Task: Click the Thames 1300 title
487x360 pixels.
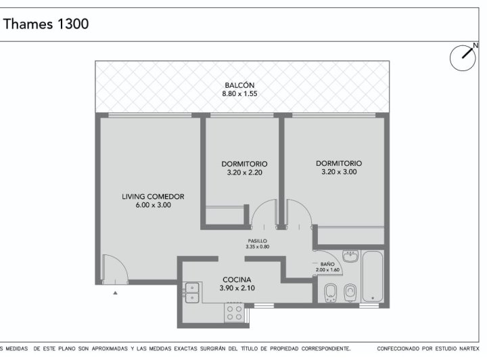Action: (46, 24)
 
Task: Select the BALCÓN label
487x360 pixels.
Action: (239, 85)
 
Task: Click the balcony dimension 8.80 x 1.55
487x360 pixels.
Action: (239, 94)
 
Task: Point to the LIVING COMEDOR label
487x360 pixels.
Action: (153, 196)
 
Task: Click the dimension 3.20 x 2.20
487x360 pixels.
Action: (244, 173)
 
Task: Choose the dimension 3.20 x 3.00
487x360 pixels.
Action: (339, 172)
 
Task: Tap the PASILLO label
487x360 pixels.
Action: (257, 241)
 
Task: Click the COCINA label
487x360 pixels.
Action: (237, 279)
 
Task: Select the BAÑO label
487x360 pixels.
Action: (327, 264)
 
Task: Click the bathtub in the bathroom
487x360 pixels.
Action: (373, 277)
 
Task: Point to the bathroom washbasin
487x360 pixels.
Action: (350, 256)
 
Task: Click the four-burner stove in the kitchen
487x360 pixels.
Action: (235, 313)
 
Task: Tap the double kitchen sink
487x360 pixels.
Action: (192, 292)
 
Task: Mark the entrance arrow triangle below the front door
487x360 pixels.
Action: (115, 292)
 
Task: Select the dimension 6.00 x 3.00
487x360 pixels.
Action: (153, 205)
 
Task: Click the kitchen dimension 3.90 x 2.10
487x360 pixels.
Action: (237, 288)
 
